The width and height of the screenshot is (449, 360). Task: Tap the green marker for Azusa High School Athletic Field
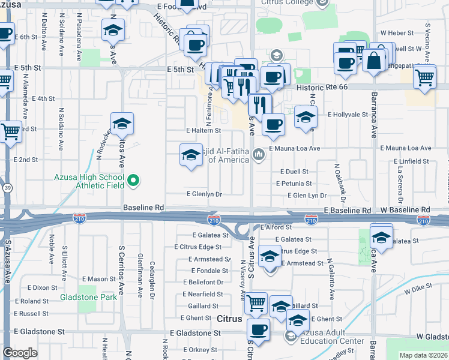click(134, 179)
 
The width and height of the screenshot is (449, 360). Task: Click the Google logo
click(20, 352)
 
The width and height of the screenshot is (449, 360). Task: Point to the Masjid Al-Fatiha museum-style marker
click(259, 155)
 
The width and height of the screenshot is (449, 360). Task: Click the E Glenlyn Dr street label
click(204, 194)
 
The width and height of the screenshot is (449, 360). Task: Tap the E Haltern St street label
click(203, 130)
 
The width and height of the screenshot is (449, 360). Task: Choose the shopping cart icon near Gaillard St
click(256, 302)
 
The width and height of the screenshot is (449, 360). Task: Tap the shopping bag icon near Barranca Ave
click(374, 60)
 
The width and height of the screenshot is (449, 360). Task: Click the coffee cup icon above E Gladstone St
click(259, 329)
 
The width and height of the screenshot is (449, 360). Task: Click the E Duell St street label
click(294, 172)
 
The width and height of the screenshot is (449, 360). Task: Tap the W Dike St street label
click(418, 290)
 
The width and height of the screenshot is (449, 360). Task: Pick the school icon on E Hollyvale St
click(306, 118)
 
